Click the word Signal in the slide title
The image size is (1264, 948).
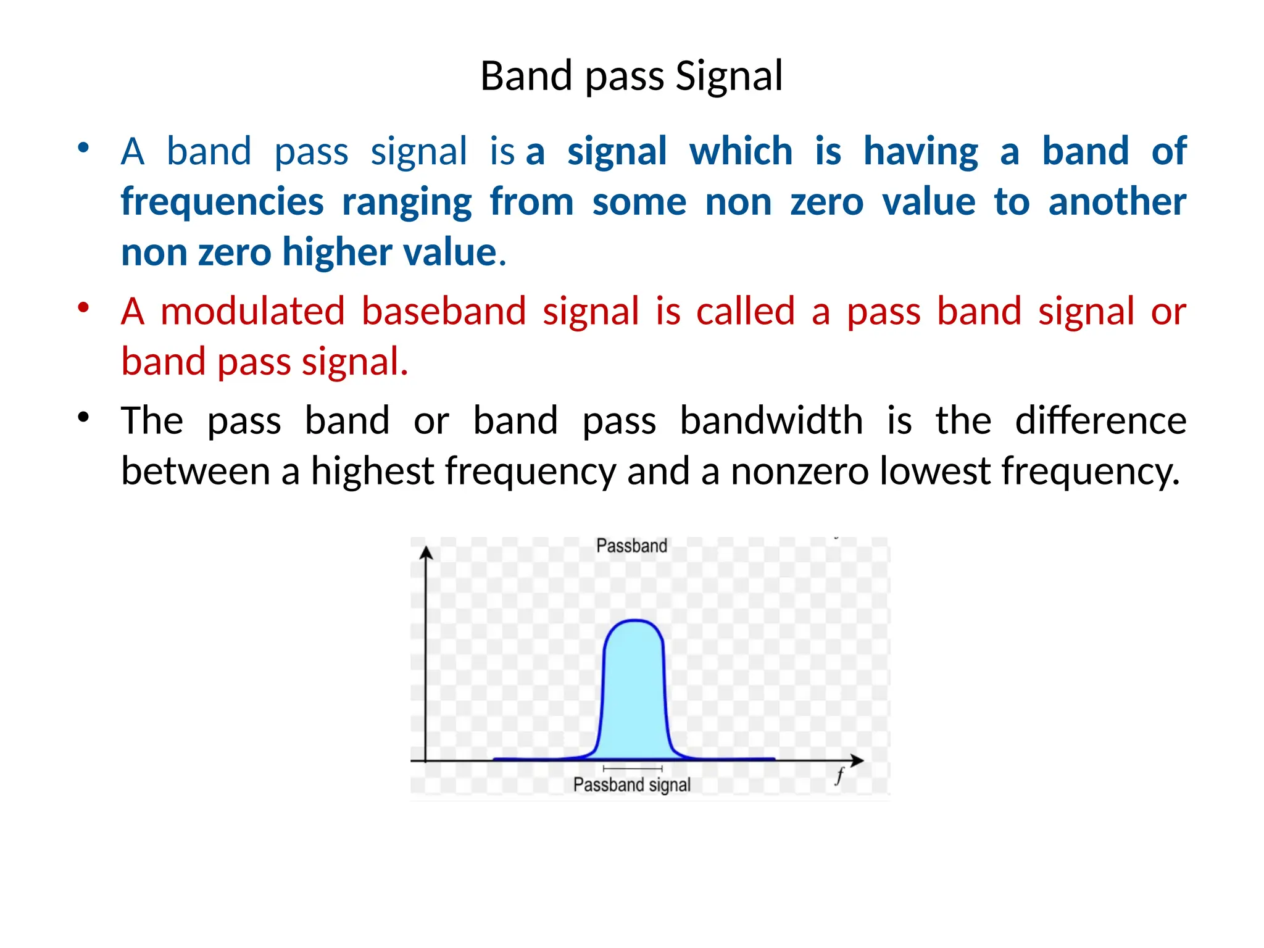tap(729, 77)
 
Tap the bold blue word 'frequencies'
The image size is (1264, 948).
tap(222, 202)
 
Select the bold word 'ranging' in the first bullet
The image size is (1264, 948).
tap(407, 202)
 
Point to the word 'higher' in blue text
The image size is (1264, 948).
tap(337, 252)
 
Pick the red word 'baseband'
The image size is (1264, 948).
tap(444, 311)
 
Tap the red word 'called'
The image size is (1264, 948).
tap(745, 311)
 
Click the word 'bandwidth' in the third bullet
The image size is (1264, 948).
tap(771, 421)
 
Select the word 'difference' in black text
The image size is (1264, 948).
tap(1100, 421)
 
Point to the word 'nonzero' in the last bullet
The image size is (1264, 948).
tap(799, 472)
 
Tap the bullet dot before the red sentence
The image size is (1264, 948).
tap(83, 307)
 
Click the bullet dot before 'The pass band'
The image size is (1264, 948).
tap(83, 417)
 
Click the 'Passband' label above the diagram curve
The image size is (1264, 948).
tap(631, 546)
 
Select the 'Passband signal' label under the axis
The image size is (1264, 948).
tap(631, 784)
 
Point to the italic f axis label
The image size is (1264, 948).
tap(839, 776)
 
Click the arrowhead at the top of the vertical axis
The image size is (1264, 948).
tap(426, 552)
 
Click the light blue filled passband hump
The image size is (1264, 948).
tap(634, 691)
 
